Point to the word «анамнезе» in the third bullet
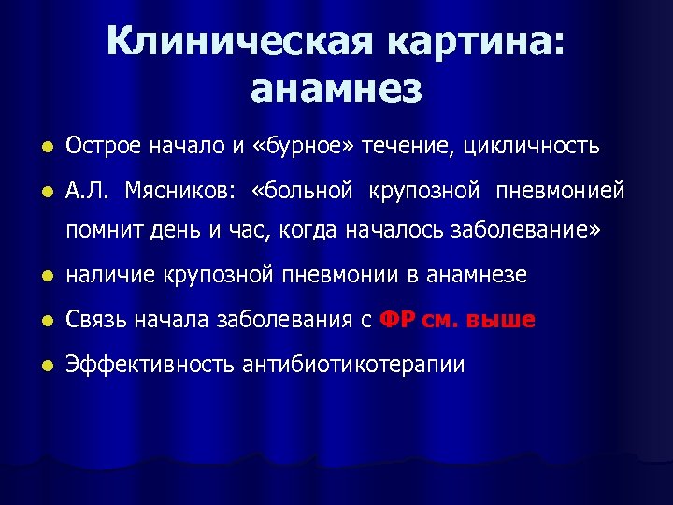tap(478, 275)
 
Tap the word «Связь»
tap(93, 320)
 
